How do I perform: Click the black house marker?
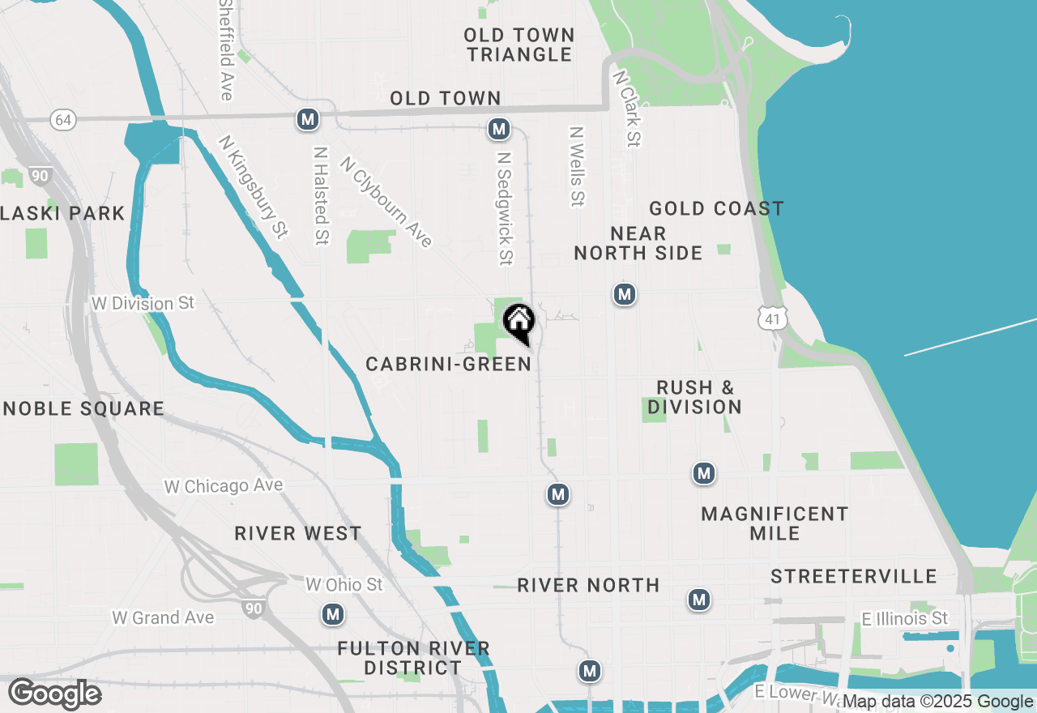click(518, 322)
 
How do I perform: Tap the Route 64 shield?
click(62, 120)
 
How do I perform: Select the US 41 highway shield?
click(773, 319)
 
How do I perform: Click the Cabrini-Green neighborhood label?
click(449, 365)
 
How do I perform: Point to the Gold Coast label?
click(716, 209)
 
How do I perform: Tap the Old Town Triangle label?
click(519, 45)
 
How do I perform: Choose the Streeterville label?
click(854, 577)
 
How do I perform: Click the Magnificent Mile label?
click(775, 523)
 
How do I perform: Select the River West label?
click(298, 534)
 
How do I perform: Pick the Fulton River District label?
click(413, 658)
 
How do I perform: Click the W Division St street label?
click(143, 304)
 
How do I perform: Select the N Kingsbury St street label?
click(253, 187)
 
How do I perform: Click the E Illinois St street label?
click(905, 619)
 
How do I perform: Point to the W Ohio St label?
click(344, 584)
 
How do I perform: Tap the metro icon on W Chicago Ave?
click(557, 493)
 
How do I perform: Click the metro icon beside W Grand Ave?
click(332, 615)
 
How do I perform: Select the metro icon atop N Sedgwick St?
click(499, 129)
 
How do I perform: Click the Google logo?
click(55, 694)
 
